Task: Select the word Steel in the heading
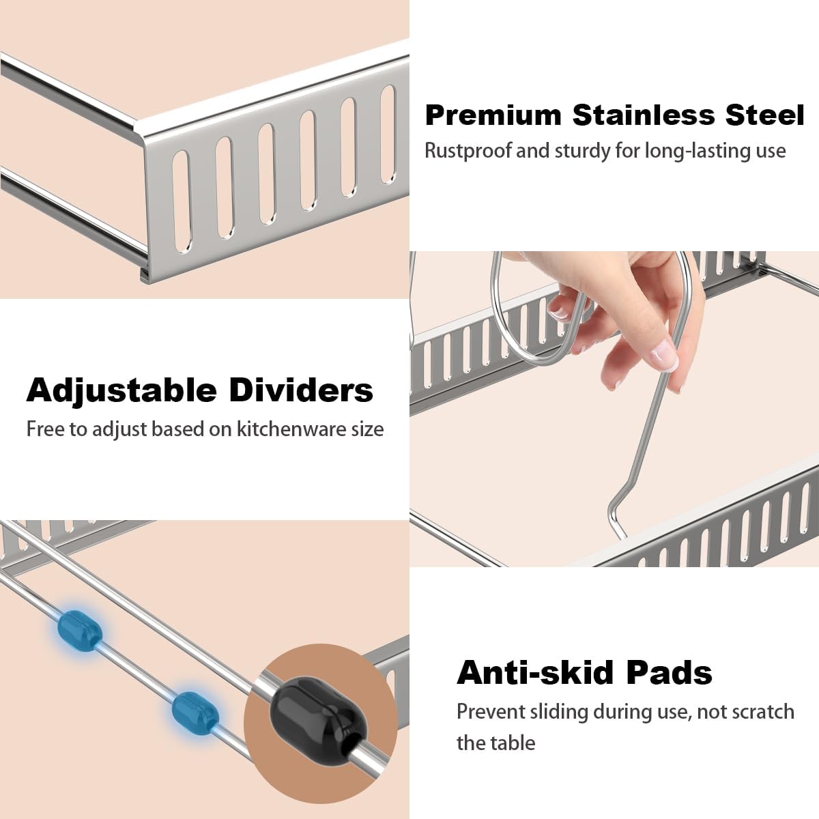point(765,115)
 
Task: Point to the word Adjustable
point(120,390)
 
